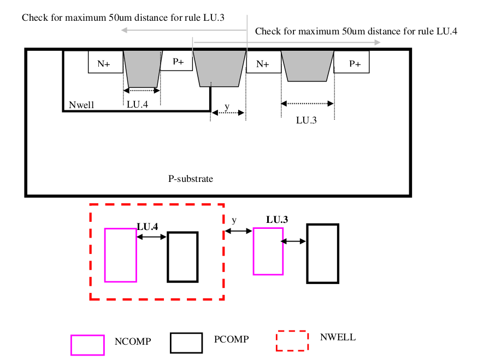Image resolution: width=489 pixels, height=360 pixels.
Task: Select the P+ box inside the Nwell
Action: (178, 62)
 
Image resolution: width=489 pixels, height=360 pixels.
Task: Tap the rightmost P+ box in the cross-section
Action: (354, 63)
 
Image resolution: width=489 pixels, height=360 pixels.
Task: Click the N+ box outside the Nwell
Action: (262, 63)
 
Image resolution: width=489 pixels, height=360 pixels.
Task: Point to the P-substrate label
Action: (190, 179)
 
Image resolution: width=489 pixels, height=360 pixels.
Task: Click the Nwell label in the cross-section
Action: (80, 104)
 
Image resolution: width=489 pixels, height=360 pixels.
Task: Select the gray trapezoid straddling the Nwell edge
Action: (220, 68)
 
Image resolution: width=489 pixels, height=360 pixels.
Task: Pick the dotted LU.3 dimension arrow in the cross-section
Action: (308, 103)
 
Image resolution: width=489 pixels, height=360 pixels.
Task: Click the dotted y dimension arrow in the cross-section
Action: (227, 113)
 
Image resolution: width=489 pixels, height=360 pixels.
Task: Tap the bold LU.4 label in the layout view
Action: (148, 226)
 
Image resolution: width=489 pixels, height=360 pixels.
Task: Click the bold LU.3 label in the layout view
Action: (277, 220)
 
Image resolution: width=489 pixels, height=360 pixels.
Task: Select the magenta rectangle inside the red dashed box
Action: (120, 255)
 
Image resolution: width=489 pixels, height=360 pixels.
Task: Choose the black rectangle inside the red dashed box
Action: (182, 257)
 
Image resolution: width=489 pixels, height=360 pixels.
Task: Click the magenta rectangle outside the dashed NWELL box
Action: (268, 251)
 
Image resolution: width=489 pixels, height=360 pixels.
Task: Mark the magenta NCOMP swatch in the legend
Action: (87, 345)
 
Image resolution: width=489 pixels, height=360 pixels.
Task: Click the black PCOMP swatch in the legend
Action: (186, 343)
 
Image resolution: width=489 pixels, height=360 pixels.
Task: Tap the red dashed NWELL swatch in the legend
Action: (292, 340)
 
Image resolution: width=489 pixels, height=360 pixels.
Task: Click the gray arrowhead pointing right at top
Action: (377, 42)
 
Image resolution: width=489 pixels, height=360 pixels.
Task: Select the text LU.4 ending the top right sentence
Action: (447, 31)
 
